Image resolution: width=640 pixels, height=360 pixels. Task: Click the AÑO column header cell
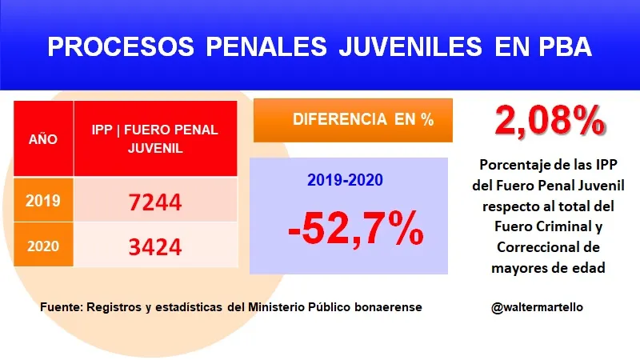click(x=43, y=138)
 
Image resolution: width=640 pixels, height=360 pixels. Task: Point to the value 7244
click(x=156, y=202)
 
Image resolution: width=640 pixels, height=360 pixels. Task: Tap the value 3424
click(x=156, y=246)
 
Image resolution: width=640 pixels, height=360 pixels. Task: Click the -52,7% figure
click(x=355, y=230)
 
